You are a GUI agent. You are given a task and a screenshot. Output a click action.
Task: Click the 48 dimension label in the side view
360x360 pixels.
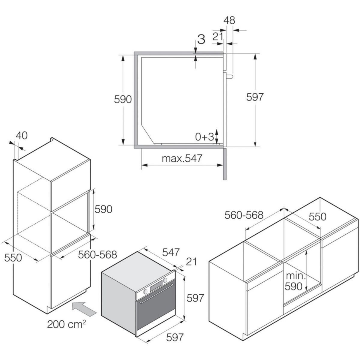pos(229,20)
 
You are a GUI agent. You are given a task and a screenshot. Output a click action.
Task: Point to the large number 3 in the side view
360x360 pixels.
pos(202,39)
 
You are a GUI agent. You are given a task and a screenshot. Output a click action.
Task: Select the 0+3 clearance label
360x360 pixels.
pos(204,137)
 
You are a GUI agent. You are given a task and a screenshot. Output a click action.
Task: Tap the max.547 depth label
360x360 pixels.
pos(182,158)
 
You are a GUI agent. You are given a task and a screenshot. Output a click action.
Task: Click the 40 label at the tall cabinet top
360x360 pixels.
pos(21,136)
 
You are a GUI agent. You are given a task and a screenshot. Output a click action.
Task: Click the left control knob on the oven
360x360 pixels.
pos(145,291)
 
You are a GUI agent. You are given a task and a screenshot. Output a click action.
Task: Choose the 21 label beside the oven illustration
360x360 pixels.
pos(191,262)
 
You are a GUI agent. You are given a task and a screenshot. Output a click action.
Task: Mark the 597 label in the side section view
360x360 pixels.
pos(254,97)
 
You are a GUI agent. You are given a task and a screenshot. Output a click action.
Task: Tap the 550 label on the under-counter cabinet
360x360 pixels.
pos(317,216)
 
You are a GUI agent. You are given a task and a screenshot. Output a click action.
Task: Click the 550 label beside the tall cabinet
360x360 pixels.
pos(13,257)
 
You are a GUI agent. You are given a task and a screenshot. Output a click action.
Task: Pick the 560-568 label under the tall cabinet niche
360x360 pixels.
pos(97,255)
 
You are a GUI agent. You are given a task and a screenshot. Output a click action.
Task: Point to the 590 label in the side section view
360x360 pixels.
pos(123,99)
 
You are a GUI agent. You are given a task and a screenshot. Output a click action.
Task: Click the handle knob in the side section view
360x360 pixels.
pos(229,76)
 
